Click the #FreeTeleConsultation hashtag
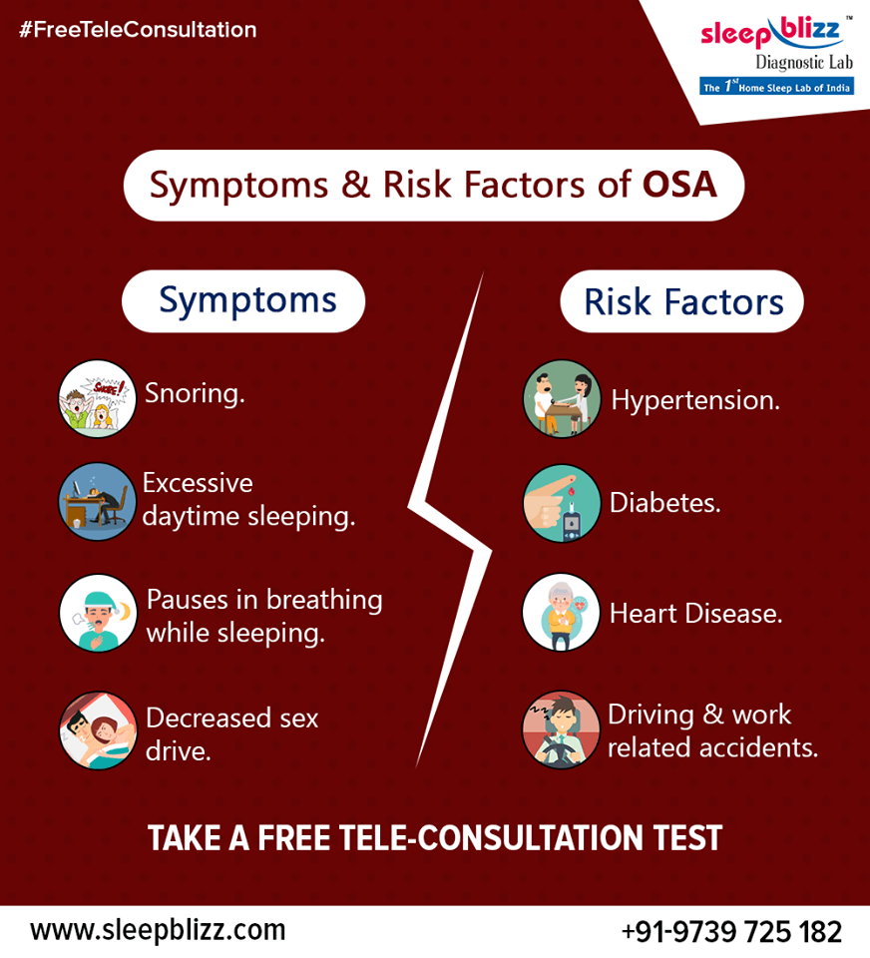(138, 30)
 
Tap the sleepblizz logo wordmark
(771, 34)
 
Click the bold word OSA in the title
(679, 185)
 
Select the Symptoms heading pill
(243, 300)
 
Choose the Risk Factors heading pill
(682, 301)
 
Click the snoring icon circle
(97, 398)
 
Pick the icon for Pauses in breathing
(97, 613)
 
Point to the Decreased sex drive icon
(97, 729)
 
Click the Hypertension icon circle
(562, 398)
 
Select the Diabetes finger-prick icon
(562, 503)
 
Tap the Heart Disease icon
(562, 612)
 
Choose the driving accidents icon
(562, 729)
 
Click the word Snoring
(195, 393)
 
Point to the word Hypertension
(695, 400)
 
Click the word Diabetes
(664, 502)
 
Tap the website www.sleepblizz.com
(158, 930)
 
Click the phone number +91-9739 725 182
(731, 932)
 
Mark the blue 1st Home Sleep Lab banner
(776, 87)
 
